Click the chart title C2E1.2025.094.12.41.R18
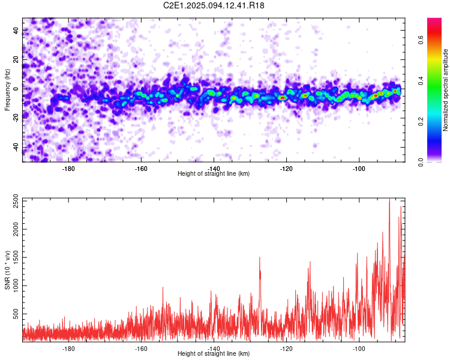click(x=214, y=5)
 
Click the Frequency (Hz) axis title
click(x=7, y=90)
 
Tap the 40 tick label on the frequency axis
click(x=16, y=30)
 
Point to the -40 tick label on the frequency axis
click(x=16, y=148)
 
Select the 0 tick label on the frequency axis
click(x=16, y=89)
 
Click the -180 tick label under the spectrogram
click(x=68, y=169)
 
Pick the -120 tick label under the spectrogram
click(x=286, y=169)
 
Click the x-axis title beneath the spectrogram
click(x=214, y=173)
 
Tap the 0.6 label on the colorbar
click(x=421, y=40)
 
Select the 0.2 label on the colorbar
click(x=421, y=121)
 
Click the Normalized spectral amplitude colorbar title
click(x=445, y=90)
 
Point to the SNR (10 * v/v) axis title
click(x=7, y=270)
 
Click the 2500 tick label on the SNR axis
click(x=16, y=201)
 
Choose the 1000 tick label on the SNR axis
click(x=16, y=286)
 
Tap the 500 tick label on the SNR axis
click(x=16, y=314)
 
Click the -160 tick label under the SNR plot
click(x=141, y=349)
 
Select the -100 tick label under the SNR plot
click(x=359, y=349)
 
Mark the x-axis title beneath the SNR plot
click(x=214, y=353)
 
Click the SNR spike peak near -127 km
click(x=260, y=257)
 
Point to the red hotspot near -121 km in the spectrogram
click(x=283, y=98)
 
